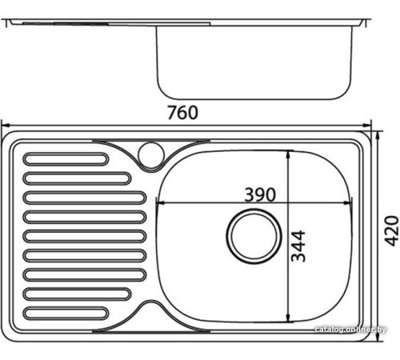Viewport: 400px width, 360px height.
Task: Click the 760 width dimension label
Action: [182, 113]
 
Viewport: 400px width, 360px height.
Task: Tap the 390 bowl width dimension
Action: [260, 194]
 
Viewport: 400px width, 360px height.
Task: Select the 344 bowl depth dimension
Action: [298, 246]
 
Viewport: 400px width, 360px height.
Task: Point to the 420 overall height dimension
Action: [391, 230]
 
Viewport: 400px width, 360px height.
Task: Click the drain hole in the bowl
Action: [254, 236]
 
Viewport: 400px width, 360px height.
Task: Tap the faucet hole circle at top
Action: [151, 155]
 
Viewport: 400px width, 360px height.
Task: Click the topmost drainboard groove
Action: [66, 159]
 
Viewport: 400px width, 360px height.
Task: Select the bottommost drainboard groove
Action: [66, 314]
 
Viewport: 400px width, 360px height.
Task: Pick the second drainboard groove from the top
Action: [77, 178]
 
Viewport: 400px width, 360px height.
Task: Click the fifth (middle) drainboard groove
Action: [85, 236]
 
